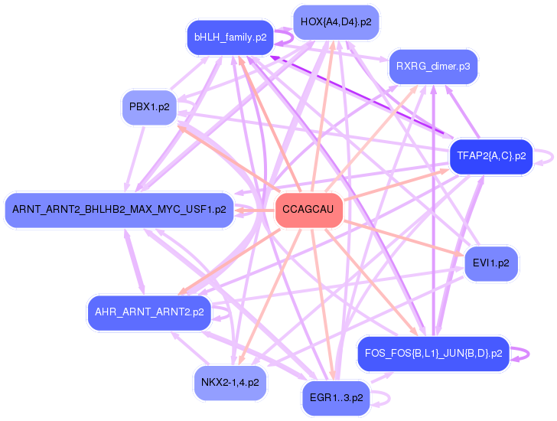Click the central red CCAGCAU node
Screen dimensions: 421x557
(x=309, y=210)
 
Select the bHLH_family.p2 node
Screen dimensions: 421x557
(x=230, y=37)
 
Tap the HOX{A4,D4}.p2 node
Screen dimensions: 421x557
(x=336, y=22)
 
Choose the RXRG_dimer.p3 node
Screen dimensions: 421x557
(x=433, y=67)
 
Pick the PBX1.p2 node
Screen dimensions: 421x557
(x=148, y=107)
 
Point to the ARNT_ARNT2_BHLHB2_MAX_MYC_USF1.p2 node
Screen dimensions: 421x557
(x=119, y=209)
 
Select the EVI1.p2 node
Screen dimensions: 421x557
(x=491, y=263)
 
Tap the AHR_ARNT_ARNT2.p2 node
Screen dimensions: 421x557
(x=149, y=312)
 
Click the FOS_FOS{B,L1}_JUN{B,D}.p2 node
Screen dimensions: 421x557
(x=433, y=354)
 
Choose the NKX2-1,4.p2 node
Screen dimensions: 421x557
(x=230, y=382)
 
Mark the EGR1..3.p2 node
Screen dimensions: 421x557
(x=336, y=398)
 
